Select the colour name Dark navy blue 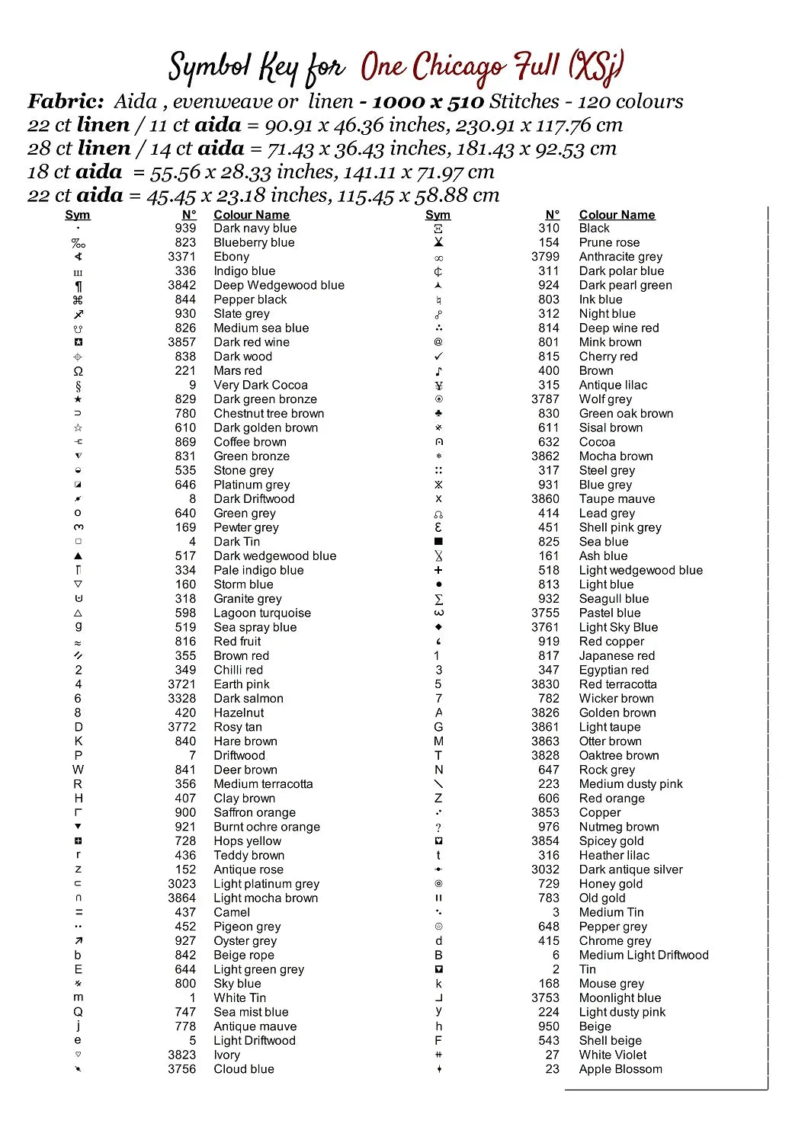(x=255, y=229)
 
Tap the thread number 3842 (x=182, y=285)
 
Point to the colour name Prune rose (x=609, y=242)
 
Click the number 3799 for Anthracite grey (x=545, y=257)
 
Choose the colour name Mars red (x=237, y=371)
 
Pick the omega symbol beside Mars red (x=78, y=371)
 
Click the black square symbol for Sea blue (x=438, y=542)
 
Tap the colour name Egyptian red (x=614, y=671)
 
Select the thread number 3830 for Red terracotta (x=545, y=684)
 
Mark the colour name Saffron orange (x=254, y=813)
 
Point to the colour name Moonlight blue (x=620, y=998)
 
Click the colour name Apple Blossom (x=620, y=1069)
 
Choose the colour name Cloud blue (x=243, y=1069)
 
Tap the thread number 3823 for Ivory (x=182, y=1055)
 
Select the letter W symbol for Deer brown (x=78, y=770)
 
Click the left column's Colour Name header (x=252, y=215)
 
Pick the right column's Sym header (x=438, y=215)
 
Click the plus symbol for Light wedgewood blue (x=438, y=570)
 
